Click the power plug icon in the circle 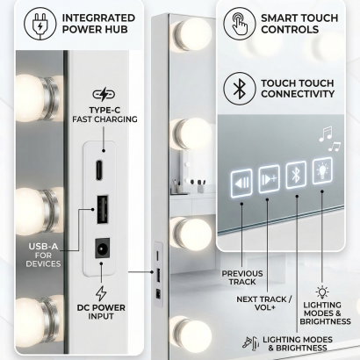tap(40, 24)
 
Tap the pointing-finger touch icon tap(239, 24)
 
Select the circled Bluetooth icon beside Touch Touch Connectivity tap(239, 89)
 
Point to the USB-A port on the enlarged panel tap(102, 209)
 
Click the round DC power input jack tap(102, 248)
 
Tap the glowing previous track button tap(241, 183)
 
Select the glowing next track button tap(269, 179)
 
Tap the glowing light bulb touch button tap(322, 170)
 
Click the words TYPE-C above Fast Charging tap(104, 111)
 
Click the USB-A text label tap(43, 246)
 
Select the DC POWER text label tap(101, 308)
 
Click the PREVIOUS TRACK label tap(242, 277)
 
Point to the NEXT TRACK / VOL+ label tap(264, 303)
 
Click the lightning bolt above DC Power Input tap(101, 293)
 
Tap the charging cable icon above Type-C tap(104, 94)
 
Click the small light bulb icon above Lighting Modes tap(322, 292)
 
